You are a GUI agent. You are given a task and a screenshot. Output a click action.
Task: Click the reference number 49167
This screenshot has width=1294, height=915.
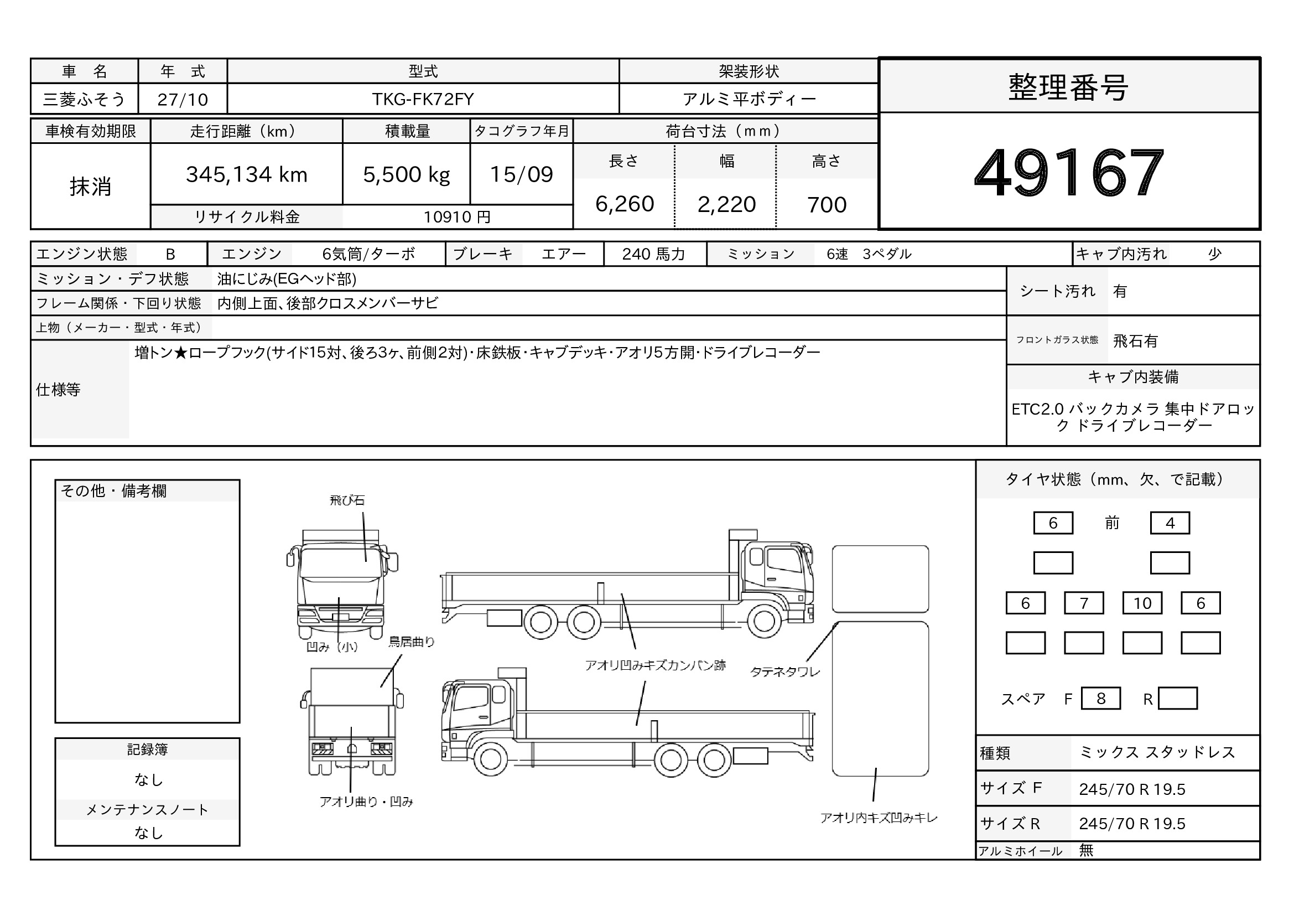point(1069,172)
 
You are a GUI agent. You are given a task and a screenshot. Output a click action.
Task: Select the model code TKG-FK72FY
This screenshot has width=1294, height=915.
point(423,99)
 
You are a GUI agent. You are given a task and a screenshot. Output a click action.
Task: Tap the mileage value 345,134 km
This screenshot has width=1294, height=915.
point(247,175)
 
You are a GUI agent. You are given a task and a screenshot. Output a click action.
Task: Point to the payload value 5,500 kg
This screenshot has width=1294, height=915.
point(407,175)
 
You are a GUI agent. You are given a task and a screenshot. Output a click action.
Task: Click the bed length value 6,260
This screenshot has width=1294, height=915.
point(625,204)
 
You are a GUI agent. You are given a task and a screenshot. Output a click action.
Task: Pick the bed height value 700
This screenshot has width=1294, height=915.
point(827,205)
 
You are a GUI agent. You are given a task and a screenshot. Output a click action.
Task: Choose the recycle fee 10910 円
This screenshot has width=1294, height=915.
point(457,217)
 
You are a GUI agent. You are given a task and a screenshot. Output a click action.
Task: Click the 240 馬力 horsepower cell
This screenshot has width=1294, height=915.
point(654,254)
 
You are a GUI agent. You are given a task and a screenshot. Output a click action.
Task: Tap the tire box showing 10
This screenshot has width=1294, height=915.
point(1142,603)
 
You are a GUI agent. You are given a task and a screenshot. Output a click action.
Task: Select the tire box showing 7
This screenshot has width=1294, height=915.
point(1084,603)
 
